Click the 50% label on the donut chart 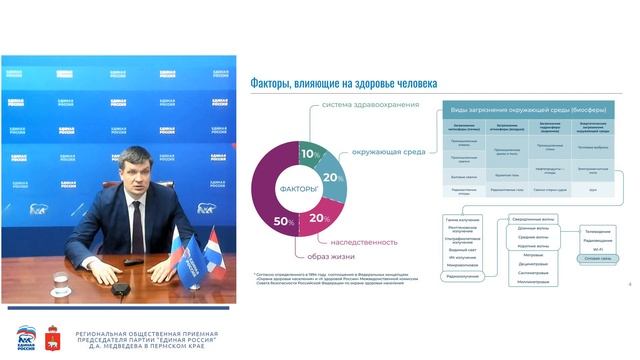[283, 220]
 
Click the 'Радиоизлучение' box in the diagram [462, 275]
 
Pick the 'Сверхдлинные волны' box [533, 218]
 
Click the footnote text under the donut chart [330, 279]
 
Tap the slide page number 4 [630, 285]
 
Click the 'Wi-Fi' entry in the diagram [598, 248]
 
